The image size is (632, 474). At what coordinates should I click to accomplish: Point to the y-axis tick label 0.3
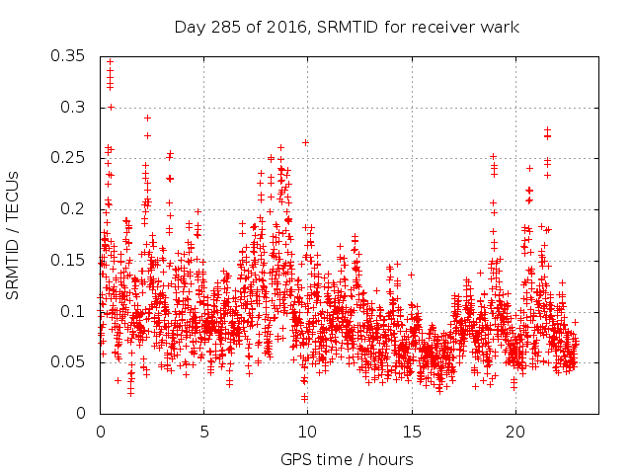tap(73, 106)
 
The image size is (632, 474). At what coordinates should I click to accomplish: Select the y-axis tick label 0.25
tap(68, 157)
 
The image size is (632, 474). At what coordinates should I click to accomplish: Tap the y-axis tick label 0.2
tap(73, 208)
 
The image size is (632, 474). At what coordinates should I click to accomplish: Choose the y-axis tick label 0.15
tap(68, 260)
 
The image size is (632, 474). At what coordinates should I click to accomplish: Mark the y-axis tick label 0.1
tap(73, 311)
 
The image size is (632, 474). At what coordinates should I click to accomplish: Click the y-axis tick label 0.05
tap(68, 362)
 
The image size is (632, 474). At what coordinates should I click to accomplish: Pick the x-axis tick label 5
tap(204, 432)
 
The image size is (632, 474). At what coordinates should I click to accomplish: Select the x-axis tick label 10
tap(307, 432)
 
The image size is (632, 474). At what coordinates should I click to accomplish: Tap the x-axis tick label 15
tap(411, 432)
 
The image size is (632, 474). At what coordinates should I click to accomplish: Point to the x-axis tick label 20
tap(514, 432)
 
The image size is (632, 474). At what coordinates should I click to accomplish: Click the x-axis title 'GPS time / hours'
tap(347, 459)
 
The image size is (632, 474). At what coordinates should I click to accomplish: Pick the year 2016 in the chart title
tap(281, 27)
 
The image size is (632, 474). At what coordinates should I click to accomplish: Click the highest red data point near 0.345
tap(110, 61)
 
